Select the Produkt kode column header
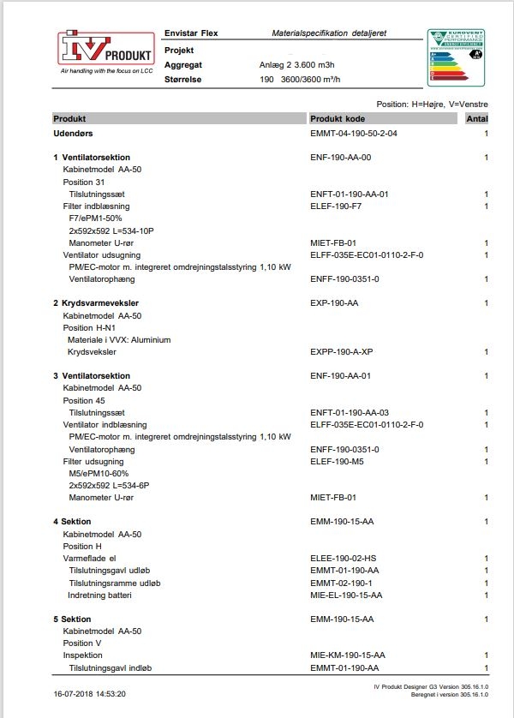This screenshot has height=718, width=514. click(338, 118)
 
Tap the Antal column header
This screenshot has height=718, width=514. click(476, 118)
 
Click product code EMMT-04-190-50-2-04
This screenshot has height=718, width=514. click(354, 134)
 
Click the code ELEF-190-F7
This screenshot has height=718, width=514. click(336, 206)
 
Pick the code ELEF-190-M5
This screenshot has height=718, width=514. click(337, 461)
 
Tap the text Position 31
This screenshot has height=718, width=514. click(84, 182)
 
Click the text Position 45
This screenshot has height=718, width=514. click(84, 400)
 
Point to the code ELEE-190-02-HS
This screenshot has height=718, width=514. click(344, 558)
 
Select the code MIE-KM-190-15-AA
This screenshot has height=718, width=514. click(348, 655)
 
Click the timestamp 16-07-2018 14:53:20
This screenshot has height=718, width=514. click(89, 694)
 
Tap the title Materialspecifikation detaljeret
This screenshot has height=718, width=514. click(329, 33)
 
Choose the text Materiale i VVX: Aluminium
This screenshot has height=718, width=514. click(119, 340)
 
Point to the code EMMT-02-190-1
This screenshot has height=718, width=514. click(341, 583)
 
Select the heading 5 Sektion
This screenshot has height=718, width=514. click(72, 619)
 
